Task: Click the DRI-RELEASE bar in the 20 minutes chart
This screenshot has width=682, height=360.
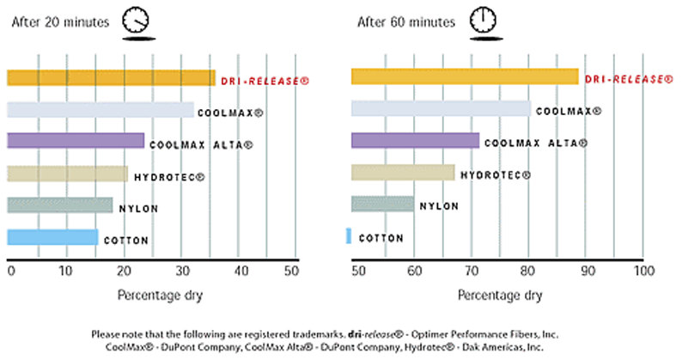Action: tap(111, 78)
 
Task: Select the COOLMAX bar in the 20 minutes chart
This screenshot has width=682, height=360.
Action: tap(100, 110)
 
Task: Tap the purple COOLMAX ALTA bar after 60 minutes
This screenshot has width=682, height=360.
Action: tap(415, 141)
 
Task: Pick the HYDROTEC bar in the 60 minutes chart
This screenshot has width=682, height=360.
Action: tap(403, 173)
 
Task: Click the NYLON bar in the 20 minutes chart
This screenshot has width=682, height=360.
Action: tap(59, 205)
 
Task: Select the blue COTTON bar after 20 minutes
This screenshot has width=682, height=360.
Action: tap(52, 237)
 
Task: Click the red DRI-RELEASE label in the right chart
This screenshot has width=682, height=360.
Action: tap(629, 79)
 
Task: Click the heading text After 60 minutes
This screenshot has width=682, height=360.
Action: tap(404, 23)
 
